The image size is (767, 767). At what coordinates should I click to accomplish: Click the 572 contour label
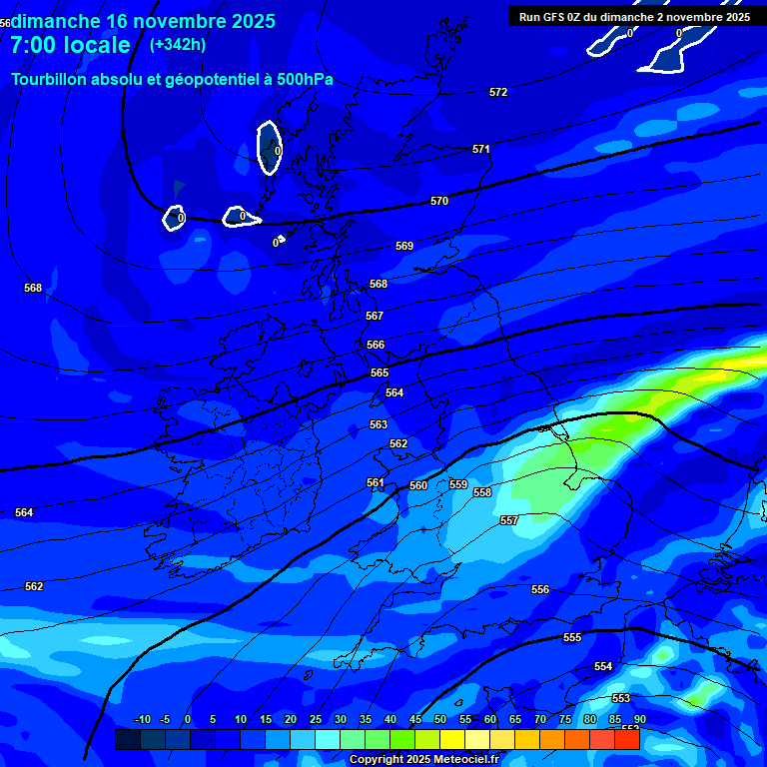pos(498,92)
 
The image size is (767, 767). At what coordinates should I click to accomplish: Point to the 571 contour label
pos(481,149)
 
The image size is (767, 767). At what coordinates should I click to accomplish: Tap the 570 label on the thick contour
pos(439,201)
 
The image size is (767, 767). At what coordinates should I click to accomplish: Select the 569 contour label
pos(404,246)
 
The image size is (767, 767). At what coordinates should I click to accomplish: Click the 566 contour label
pos(376,345)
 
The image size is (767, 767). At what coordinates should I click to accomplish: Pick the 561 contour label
pos(376,482)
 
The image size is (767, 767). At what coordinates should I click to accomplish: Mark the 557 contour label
pos(509,520)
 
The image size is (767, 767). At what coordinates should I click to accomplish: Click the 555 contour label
pos(572,637)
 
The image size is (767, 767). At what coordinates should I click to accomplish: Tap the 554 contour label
pos(603,666)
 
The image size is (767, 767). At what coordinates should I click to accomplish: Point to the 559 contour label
pos(458,484)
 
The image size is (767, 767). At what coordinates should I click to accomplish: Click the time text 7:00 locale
pos(70,45)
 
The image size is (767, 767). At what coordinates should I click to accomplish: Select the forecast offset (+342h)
pos(178,44)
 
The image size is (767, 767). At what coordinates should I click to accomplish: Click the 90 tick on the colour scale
pos(639,719)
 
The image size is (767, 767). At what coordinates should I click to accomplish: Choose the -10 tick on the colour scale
pos(142,719)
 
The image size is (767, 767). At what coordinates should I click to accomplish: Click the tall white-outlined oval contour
pos(269,148)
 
